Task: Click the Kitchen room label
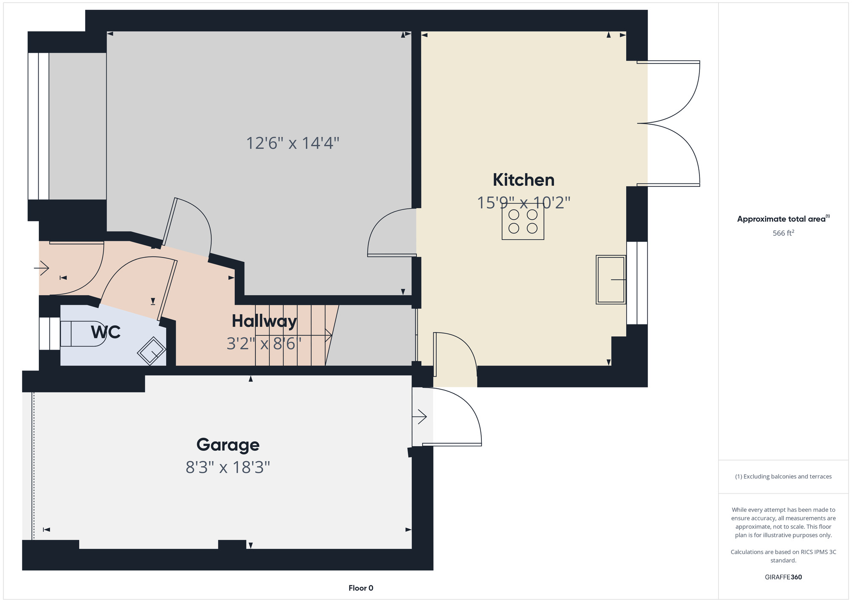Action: [524, 180]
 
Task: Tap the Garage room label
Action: [228, 445]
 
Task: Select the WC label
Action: [106, 332]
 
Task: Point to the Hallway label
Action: [264, 321]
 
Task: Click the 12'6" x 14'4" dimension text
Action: [293, 143]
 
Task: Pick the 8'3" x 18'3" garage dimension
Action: [228, 467]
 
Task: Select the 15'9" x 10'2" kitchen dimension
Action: [524, 203]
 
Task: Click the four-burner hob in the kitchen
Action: [523, 221]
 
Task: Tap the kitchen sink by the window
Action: [611, 279]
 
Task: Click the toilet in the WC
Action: [83, 334]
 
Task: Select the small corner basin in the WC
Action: [151, 351]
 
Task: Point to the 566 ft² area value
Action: [783, 233]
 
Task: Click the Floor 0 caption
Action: [361, 588]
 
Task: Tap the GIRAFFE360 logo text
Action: [783, 577]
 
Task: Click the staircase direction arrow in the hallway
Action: [294, 335]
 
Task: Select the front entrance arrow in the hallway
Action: [42, 268]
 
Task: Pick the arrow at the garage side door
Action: [420, 416]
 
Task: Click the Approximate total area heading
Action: [783, 219]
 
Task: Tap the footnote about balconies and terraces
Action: [783, 476]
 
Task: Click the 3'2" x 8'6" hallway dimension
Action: [264, 344]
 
